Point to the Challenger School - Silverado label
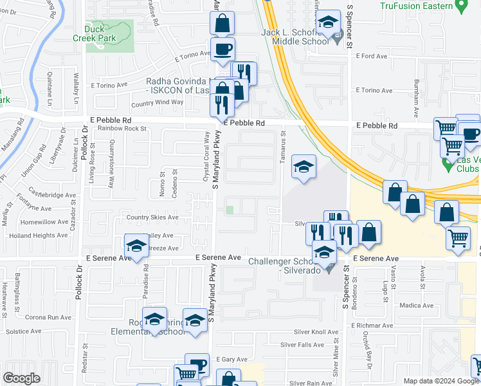tap(288, 266)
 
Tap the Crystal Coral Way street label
tap(206, 157)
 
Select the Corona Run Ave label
tap(48, 317)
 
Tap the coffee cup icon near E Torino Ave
tap(222, 49)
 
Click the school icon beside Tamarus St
tap(304, 167)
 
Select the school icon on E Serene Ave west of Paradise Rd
tap(136, 246)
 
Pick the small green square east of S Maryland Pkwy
tap(230, 210)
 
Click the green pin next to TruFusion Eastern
tap(460, 6)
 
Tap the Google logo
tap(21, 379)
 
